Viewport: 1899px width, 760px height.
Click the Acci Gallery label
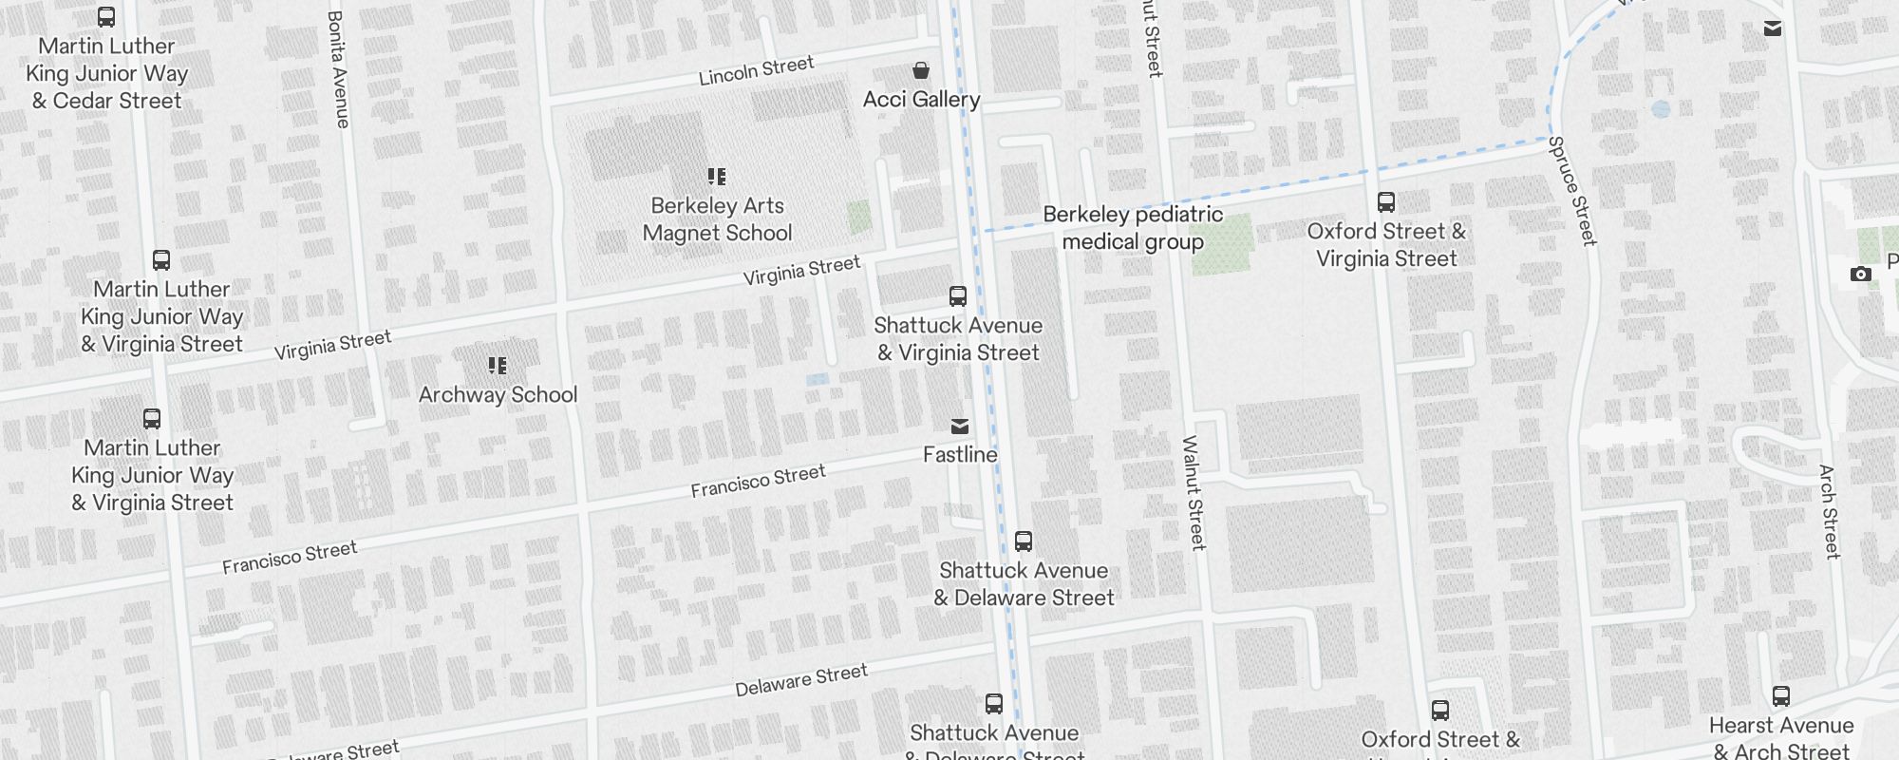coord(921,100)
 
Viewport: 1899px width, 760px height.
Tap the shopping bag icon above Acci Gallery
coord(920,70)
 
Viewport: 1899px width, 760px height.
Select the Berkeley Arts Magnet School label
coord(717,219)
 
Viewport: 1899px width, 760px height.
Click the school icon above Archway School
coord(498,366)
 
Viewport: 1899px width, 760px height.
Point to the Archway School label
coord(498,395)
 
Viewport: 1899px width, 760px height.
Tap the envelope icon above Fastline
coord(960,427)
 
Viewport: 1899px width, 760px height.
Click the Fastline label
coord(960,455)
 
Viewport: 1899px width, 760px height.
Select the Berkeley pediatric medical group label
coord(1133,228)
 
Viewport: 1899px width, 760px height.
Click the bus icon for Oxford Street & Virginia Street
coord(1386,202)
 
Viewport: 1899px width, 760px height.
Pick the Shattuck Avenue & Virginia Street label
coord(958,339)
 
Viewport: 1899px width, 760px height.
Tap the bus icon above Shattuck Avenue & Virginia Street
coord(958,296)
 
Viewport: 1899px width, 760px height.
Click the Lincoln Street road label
coord(757,71)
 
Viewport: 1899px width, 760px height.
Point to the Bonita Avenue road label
coord(337,69)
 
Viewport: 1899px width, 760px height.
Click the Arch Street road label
coord(1829,511)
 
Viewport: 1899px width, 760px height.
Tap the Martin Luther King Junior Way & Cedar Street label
coord(106,73)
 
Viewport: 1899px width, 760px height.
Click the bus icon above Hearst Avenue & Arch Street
coord(1781,696)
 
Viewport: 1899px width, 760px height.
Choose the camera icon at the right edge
coord(1860,275)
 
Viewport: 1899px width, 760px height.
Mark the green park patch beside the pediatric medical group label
coord(1223,244)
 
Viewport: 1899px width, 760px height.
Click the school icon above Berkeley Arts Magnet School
coord(717,177)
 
